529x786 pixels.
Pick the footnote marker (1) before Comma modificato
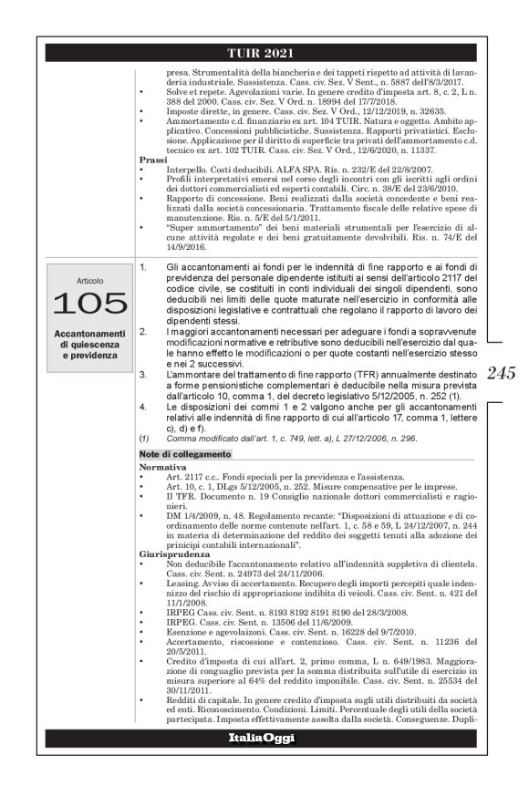pyautogui.click(x=144, y=437)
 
